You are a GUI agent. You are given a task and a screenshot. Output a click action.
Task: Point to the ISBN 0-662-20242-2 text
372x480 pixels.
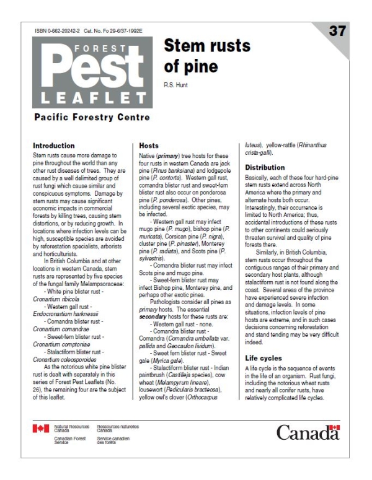pos(62,30)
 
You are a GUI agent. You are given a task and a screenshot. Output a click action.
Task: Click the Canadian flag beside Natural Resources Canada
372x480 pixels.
pos(41,429)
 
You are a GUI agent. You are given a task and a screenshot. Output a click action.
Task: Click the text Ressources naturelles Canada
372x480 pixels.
pos(118,429)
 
